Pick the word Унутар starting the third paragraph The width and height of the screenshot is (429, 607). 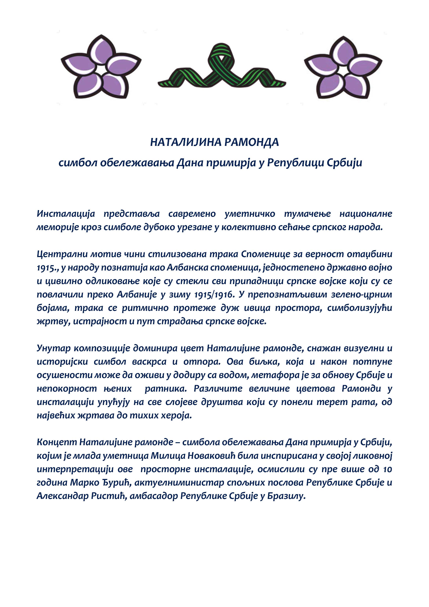click(54, 348)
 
